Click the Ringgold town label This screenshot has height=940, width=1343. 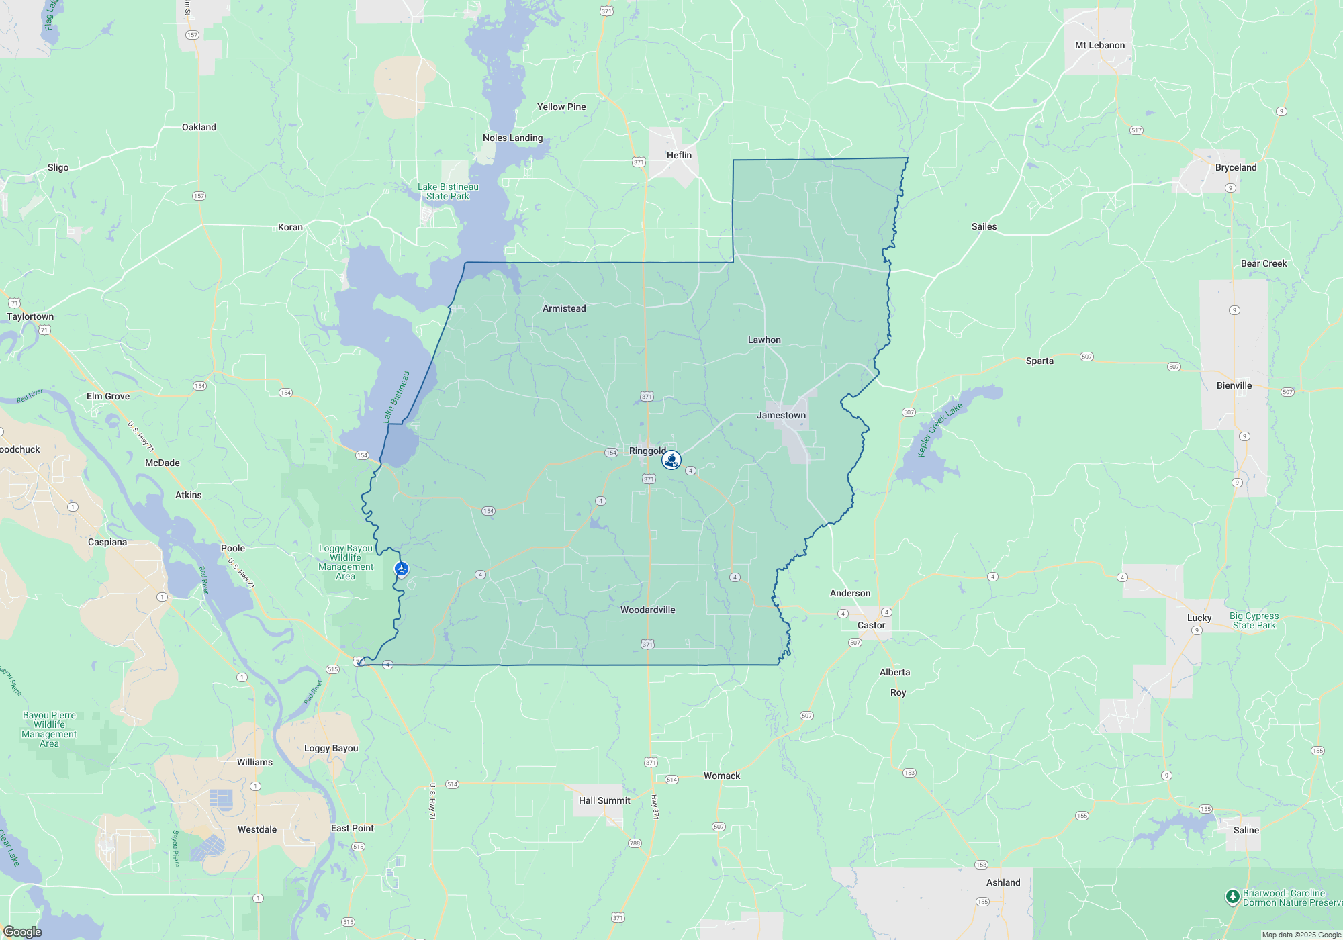647,451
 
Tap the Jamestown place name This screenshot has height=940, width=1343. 781,415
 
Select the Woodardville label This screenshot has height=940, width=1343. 647,610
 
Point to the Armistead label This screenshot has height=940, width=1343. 564,308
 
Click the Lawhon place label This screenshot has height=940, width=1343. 764,340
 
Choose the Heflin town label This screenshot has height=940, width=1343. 679,155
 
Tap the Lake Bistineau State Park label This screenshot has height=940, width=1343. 448,191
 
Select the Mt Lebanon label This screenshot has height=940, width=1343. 1099,45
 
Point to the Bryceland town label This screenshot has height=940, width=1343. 1236,167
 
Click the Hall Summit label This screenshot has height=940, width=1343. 604,800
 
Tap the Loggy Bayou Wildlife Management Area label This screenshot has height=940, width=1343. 346,562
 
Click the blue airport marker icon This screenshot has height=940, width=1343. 402,569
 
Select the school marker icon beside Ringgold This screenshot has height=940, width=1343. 671,460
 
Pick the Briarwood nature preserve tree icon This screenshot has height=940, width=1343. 1232,897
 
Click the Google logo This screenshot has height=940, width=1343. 22,931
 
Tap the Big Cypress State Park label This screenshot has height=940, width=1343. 1254,620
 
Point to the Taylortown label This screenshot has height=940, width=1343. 30,316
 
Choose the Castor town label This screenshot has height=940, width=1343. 871,625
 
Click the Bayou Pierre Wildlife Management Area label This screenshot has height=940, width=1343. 49,729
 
